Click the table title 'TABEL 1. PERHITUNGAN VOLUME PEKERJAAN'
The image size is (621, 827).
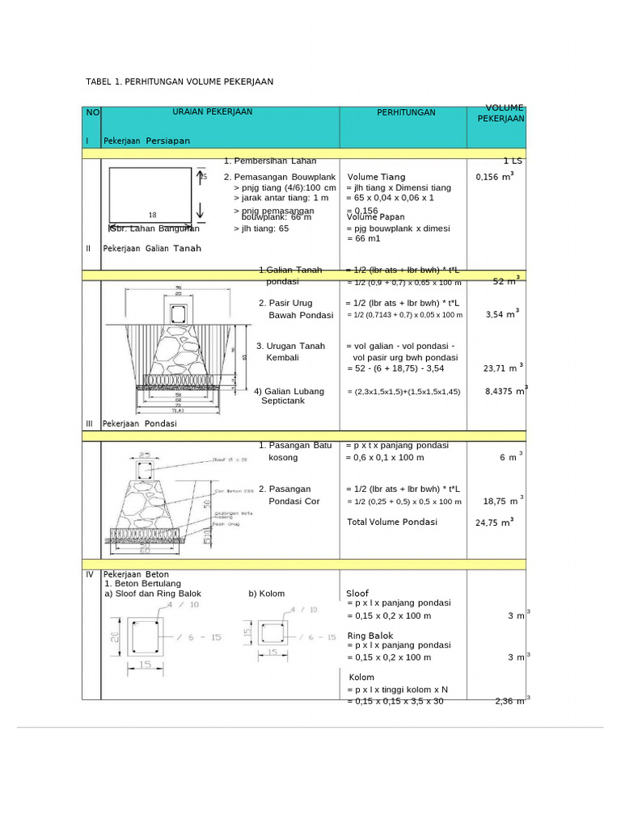click(x=180, y=82)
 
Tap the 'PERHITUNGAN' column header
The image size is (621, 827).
click(x=406, y=112)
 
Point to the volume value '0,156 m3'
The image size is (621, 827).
click(x=495, y=176)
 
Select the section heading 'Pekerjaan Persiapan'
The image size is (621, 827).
click(x=146, y=141)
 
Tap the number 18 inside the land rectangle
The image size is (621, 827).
click(x=152, y=215)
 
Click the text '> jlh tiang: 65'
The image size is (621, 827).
click(x=260, y=229)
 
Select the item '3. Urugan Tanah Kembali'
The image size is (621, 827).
click(x=290, y=351)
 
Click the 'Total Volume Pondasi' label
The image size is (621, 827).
click(x=392, y=522)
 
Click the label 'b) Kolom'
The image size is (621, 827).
click(x=267, y=594)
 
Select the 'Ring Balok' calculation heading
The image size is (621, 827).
click(x=370, y=636)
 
